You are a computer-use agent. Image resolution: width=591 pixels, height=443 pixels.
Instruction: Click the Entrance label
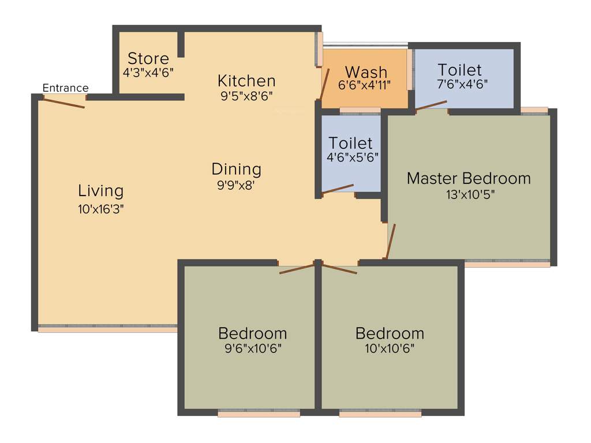pyautogui.click(x=66, y=88)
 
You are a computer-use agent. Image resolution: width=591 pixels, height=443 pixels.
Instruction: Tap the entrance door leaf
pyautogui.click(x=64, y=103)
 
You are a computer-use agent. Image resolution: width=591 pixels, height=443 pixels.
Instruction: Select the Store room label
pyautogui.click(x=148, y=58)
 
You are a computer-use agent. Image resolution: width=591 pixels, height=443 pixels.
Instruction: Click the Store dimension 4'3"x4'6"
pyautogui.click(x=148, y=72)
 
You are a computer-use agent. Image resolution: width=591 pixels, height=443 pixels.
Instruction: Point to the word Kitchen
pyautogui.click(x=246, y=81)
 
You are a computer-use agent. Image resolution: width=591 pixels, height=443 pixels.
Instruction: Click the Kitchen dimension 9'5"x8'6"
pyautogui.click(x=246, y=95)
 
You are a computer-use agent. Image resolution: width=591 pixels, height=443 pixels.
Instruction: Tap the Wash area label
pyautogui.click(x=366, y=72)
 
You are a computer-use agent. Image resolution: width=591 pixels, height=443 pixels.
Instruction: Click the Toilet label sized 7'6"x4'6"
pyautogui.click(x=459, y=70)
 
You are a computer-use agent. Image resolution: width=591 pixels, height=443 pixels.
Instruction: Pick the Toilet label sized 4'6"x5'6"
pyautogui.click(x=350, y=142)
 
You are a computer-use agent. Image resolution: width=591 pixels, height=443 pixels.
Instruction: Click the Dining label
pyautogui.click(x=236, y=170)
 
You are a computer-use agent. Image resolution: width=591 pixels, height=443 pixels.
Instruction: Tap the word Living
pyautogui.click(x=101, y=191)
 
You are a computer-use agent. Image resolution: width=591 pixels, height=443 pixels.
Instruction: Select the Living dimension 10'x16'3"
pyautogui.click(x=101, y=209)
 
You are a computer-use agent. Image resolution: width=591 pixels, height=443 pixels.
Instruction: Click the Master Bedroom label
pyautogui.click(x=469, y=178)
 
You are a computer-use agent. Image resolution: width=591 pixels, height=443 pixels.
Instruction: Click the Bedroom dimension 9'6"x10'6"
pyautogui.click(x=252, y=348)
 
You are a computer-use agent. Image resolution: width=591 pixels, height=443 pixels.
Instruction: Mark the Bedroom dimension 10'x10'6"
pyautogui.click(x=390, y=348)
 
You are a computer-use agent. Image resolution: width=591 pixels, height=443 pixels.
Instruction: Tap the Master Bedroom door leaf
pyautogui.click(x=391, y=242)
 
